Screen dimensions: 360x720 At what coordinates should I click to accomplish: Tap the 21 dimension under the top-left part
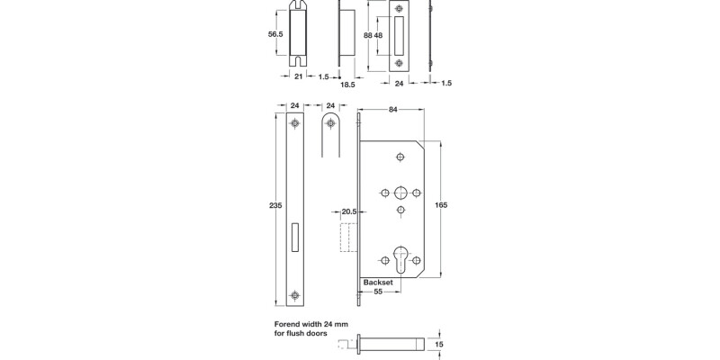coord(299,78)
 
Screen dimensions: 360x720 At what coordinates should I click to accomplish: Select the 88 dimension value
coord(367,34)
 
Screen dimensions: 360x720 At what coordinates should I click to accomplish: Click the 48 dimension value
coord(380,34)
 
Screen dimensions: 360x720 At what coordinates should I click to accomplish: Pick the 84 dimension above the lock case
coord(393,111)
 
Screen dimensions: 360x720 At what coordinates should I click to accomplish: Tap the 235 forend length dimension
coord(276,206)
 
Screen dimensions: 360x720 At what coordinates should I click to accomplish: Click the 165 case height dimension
coord(442,206)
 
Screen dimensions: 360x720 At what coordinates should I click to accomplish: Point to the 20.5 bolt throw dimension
coord(349,212)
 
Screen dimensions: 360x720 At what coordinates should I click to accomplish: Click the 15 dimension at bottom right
coord(438,342)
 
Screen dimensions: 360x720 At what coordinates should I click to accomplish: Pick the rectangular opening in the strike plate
coord(400,34)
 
